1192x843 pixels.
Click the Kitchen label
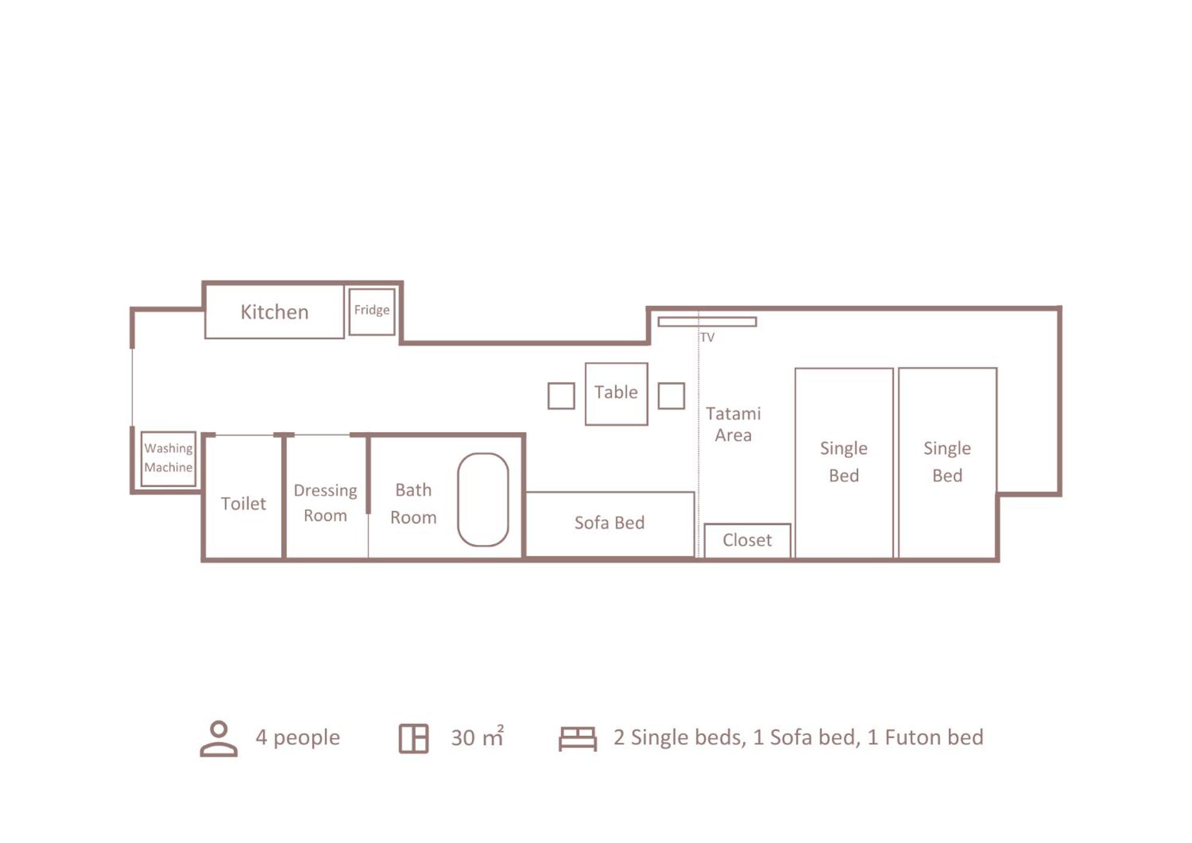[x=274, y=312]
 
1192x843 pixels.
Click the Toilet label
[x=243, y=504]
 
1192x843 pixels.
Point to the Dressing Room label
[x=325, y=503]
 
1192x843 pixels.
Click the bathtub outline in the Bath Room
[x=458, y=500]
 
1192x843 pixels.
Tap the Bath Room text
[x=413, y=503]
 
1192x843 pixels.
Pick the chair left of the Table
[x=549, y=396]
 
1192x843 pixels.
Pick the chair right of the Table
[x=659, y=396]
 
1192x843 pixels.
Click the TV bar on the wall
[x=707, y=322]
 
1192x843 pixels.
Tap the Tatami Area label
[x=733, y=424]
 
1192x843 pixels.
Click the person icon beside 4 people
[x=219, y=739]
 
